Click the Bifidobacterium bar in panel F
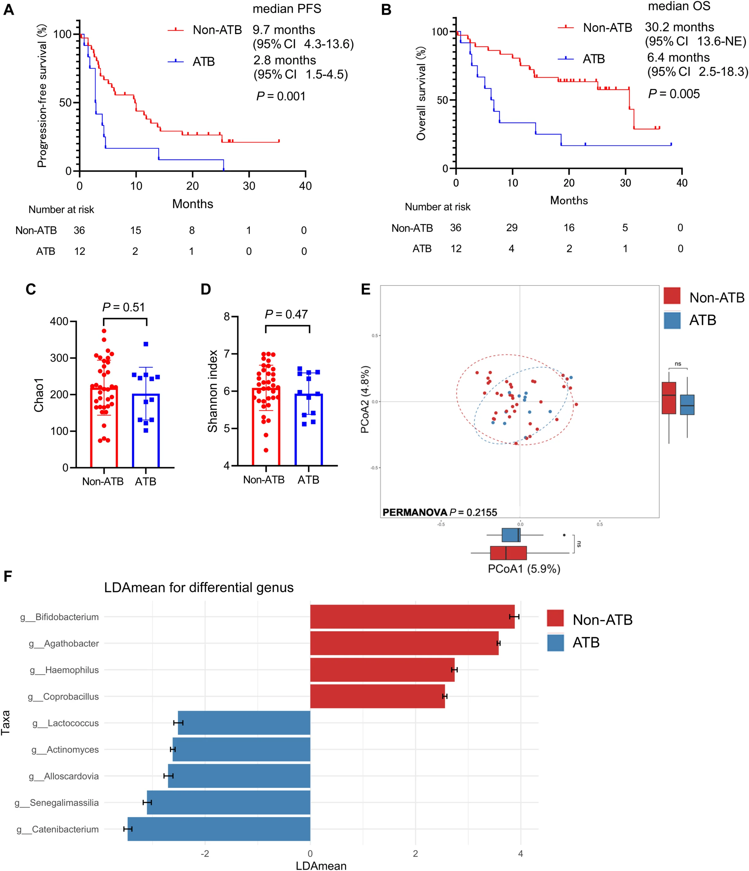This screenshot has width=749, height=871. click(412, 617)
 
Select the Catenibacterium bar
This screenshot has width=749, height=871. click(219, 829)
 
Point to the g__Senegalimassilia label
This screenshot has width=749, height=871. click(57, 803)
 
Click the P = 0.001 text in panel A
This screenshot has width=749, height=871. click(281, 96)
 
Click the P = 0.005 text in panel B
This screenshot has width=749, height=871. click(674, 94)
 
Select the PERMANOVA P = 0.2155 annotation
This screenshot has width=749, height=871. click(439, 512)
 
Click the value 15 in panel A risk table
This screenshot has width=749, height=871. click(135, 230)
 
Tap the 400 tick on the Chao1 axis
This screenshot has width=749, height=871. click(59, 322)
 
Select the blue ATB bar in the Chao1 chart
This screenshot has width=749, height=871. click(146, 431)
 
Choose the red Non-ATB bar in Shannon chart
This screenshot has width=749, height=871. click(266, 427)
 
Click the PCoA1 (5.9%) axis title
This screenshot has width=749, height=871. click(524, 569)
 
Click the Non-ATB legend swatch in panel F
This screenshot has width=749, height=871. click(555, 619)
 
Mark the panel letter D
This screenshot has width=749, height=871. click(206, 290)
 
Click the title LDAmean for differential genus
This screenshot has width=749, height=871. click(199, 587)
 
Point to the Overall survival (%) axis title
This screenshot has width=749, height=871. click(421, 93)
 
